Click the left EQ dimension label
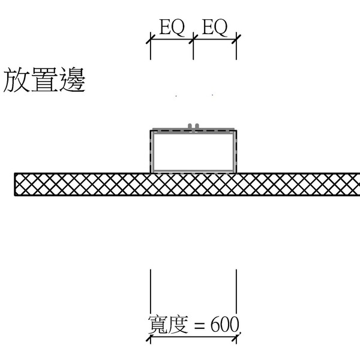172,28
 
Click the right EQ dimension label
215,28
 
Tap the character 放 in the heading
17,81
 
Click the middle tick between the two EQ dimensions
193,39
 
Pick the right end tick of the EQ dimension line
236,39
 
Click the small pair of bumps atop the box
193,126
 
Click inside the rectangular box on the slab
193,152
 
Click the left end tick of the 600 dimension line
150,338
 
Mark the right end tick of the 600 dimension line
236,338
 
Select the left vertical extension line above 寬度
150,291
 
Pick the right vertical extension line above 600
236,291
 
